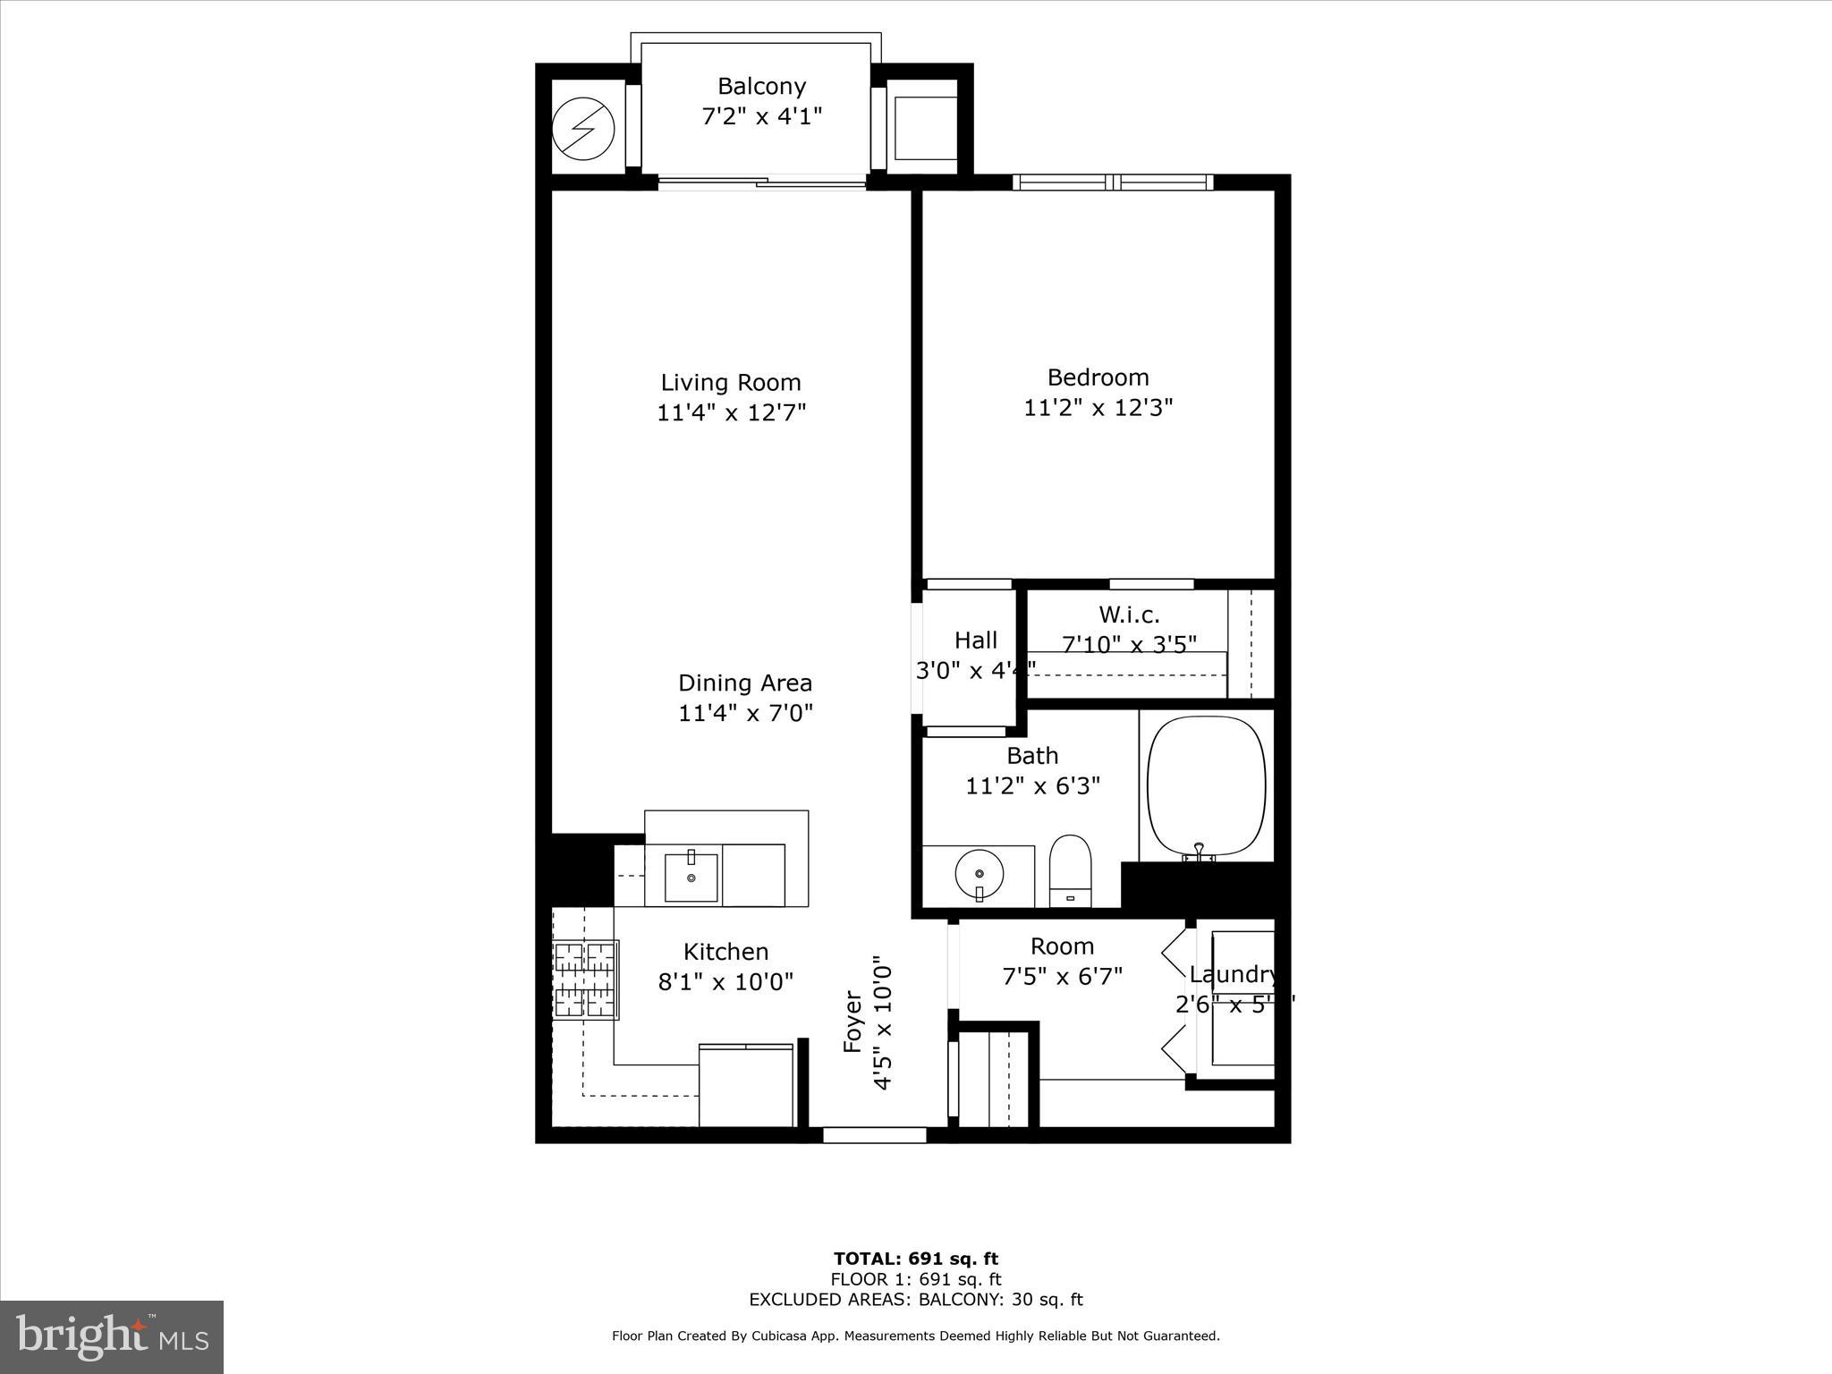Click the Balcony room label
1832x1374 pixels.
761,86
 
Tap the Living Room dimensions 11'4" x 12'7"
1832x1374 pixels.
732,413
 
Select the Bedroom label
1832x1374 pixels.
1098,377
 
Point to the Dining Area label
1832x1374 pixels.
745,683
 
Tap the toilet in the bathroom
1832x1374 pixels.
1070,870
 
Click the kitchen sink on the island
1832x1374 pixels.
691,878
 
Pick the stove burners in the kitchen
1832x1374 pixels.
586,980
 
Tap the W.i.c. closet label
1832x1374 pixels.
1129,615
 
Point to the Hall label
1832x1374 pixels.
975,640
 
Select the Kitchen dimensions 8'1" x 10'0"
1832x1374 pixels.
725,982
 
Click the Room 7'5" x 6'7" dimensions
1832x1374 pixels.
1062,976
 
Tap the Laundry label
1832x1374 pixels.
1233,975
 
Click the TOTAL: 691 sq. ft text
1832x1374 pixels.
915,1259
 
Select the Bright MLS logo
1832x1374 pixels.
112,1336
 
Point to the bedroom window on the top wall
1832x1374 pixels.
1113,182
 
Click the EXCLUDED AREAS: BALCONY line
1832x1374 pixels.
915,1300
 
